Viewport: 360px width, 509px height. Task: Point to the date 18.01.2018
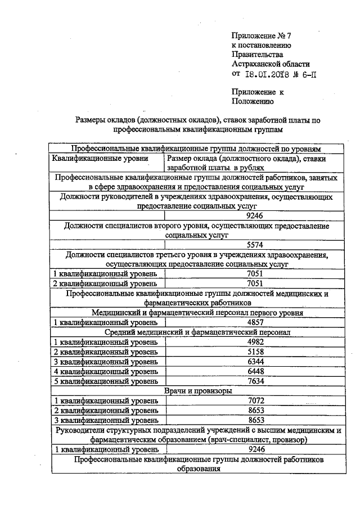(x=269, y=74)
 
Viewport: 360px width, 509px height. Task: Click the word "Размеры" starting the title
(x=91, y=119)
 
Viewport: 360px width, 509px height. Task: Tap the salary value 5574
(x=255, y=245)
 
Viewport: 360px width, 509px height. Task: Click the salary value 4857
(x=255, y=322)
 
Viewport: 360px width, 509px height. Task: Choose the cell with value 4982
(x=255, y=342)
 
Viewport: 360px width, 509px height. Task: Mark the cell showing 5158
(x=255, y=352)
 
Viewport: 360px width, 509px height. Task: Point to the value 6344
(x=255, y=361)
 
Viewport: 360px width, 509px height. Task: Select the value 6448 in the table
(x=255, y=371)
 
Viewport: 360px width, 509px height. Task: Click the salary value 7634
(x=255, y=381)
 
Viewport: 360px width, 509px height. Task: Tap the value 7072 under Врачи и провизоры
(x=255, y=400)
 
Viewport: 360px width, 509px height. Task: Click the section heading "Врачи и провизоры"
(x=197, y=390)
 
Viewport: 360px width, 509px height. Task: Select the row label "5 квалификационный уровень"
(x=105, y=381)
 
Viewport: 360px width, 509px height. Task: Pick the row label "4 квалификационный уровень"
(x=105, y=371)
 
